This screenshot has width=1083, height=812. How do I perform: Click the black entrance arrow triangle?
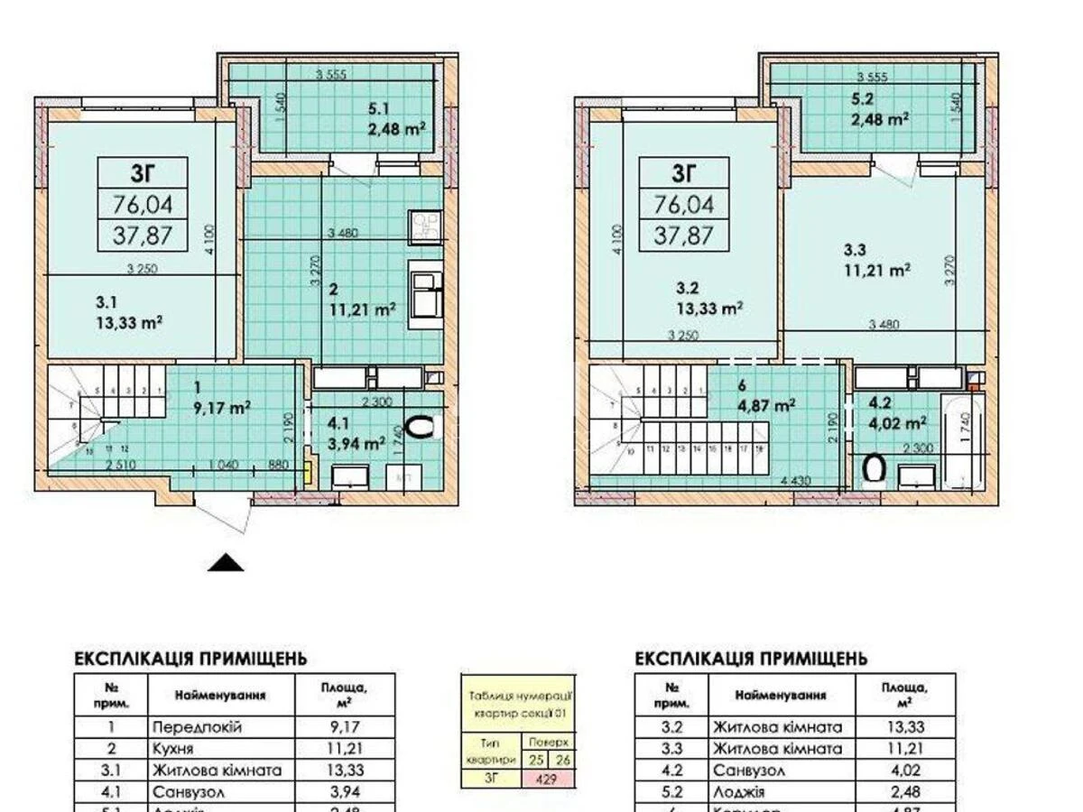click(x=227, y=563)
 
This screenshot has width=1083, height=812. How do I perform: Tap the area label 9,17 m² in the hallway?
click(x=222, y=406)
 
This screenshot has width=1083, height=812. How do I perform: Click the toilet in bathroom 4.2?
click(x=874, y=468)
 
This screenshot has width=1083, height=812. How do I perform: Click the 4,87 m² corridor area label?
click(x=767, y=405)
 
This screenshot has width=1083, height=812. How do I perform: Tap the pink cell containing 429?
click(x=545, y=779)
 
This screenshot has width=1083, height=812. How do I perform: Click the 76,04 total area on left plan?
click(x=142, y=205)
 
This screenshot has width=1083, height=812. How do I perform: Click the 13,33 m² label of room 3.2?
click(x=709, y=308)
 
